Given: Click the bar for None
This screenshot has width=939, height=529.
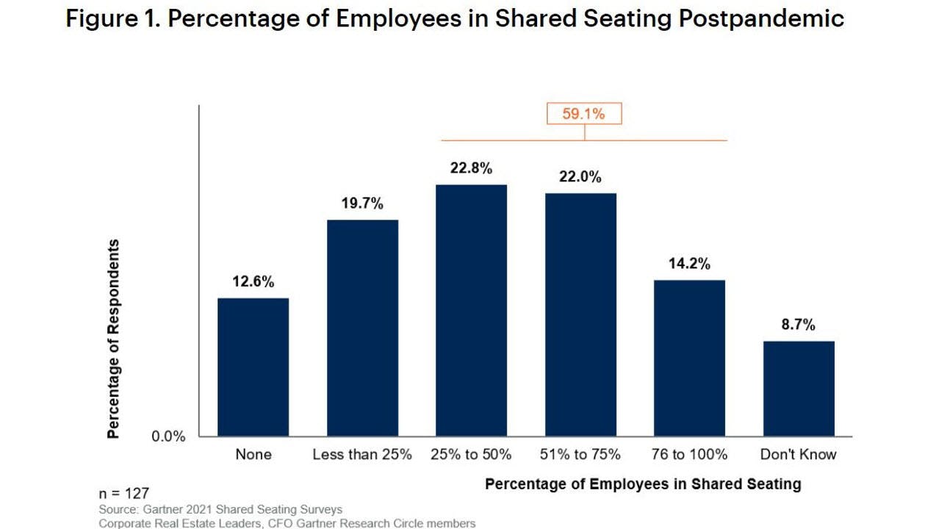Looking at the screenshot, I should pyautogui.click(x=253, y=367).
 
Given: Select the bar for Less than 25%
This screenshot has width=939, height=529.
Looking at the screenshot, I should pyautogui.click(x=362, y=328).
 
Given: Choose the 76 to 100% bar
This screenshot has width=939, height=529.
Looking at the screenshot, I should pyautogui.click(x=689, y=358).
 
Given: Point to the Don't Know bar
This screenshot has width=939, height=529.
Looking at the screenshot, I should pyautogui.click(x=799, y=389).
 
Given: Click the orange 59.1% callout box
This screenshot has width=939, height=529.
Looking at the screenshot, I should pyautogui.click(x=584, y=114).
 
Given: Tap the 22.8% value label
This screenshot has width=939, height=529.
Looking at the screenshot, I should pyautogui.click(x=471, y=168).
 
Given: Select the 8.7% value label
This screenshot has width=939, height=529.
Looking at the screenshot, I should pyautogui.click(x=798, y=325).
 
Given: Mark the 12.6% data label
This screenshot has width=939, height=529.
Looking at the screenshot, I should pyautogui.click(x=253, y=282).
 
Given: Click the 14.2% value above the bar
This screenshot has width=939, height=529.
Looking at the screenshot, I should pyautogui.click(x=689, y=264).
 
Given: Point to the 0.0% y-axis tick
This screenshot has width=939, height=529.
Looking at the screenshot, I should pyautogui.click(x=168, y=436).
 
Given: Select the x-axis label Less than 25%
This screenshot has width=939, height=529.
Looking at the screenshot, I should pyautogui.click(x=362, y=455).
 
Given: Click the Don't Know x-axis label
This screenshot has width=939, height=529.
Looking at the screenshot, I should pyautogui.click(x=798, y=455).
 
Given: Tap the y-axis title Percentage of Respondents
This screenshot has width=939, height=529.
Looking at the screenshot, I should pyautogui.click(x=113, y=339).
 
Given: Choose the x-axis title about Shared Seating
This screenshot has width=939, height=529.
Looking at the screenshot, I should pyautogui.click(x=643, y=484).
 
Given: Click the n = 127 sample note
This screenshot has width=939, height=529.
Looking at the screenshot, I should pyautogui.click(x=124, y=494).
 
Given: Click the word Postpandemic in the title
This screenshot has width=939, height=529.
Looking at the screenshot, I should pyautogui.click(x=761, y=18).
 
